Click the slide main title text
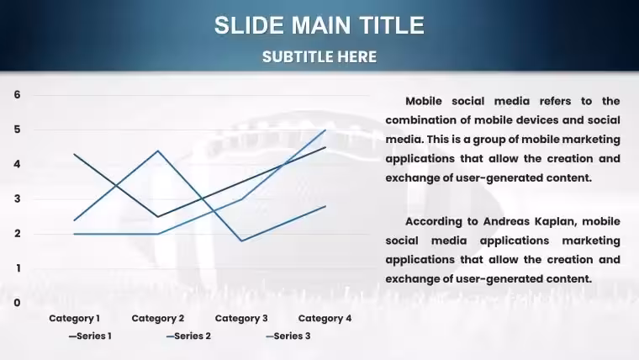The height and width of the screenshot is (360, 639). pyautogui.click(x=319, y=25)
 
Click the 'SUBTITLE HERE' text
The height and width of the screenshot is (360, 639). pyautogui.click(x=319, y=57)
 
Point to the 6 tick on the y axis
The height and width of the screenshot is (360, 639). pyautogui.click(x=17, y=94)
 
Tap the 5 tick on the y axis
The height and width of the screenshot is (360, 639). pyautogui.click(x=17, y=130)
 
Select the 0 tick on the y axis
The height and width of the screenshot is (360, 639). pyautogui.click(x=17, y=303)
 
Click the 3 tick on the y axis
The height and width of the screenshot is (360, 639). pyautogui.click(x=17, y=199)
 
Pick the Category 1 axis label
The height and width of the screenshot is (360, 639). pyautogui.click(x=74, y=319)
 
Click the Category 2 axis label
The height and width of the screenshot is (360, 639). pyautogui.click(x=158, y=319)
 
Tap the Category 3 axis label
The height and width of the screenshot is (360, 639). pyautogui.click(x=241, y=319)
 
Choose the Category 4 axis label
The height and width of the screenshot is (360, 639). pyautogui.click(x=325, y=319)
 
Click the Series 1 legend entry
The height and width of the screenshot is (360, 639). pyautogui.click(x=90, y=336)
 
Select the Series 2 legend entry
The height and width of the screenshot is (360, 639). pyautogui.click(x=188, y=336)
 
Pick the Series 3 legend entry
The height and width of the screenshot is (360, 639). pyautogui.click(x=288, y=336)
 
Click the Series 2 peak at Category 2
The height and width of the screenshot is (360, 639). pyautogui.click(x=158, y=151)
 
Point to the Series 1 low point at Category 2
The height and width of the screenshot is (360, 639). pyautogui.click(x=158, y=216)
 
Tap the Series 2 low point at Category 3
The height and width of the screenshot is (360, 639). pyautogui.click(x=241, y=241)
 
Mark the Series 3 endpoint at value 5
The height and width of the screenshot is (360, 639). pyautogui.click(x=325, y=130)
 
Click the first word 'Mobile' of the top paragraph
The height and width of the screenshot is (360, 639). pyautogui.click(x=424, y=101)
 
